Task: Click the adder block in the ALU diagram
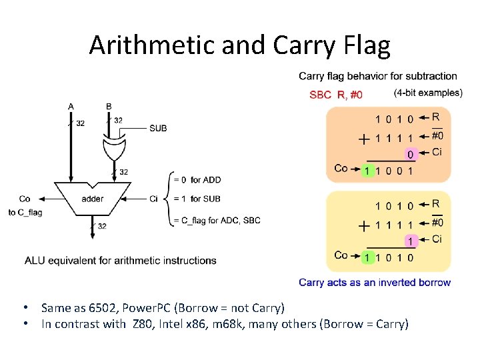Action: (x=93, y=199)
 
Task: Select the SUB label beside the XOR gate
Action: (x=158, y=128)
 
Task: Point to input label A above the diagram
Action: (x=71, y=106)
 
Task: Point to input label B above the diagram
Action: (x=109, y=106)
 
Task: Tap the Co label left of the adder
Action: (x=25, y=199)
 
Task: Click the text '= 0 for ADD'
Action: (x=197, y=180)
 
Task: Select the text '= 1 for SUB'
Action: (x=197, y=199)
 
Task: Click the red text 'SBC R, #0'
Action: (x=336, y=95)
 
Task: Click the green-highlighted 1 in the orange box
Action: (x=367, y=171)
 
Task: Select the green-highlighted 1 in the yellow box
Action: (x=367, y=257)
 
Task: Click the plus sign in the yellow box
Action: (x=363, y=225)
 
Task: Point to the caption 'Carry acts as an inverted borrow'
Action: (x=375, y=283)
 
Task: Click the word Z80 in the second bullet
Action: (x=141, y=325)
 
